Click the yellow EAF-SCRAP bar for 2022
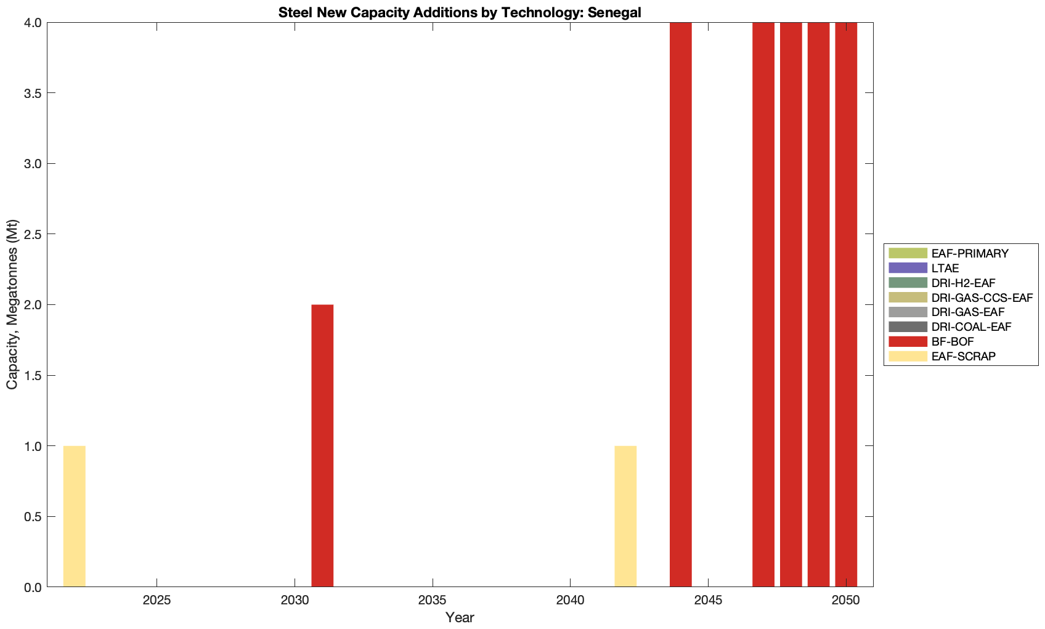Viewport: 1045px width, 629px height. [x=74, y=516]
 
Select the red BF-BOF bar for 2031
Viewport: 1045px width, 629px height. [x=322, y=445]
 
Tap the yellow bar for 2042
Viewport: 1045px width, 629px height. [x=625, y=516]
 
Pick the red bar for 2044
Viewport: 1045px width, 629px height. [x=680, y=305]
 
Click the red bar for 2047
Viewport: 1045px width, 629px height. [x=763, y=305]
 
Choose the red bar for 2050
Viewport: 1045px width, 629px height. [x=846, y=305]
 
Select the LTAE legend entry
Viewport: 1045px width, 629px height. [x=945, y=268]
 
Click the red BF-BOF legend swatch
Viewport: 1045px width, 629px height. [x=908, y=341]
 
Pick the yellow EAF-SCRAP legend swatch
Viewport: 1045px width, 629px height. [x=908, y=356]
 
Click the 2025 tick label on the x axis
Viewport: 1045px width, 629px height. [x=157, y=599]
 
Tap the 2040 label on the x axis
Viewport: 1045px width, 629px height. [x=571, y=599]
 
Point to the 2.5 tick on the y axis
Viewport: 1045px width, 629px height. [x=32, y=235]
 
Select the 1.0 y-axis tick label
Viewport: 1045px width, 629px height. [x=32, y=446]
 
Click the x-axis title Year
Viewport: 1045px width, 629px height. [x=460, y=617]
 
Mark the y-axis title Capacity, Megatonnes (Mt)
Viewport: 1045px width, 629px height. [x=12, y=304]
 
